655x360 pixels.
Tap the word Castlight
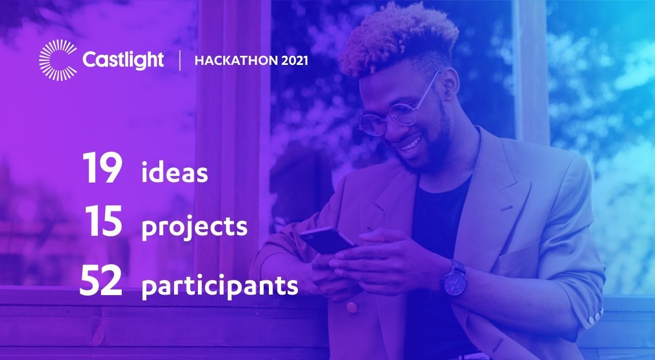pos(123,60)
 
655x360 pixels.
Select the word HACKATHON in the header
pos(236,60)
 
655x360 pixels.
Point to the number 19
pos(102,168)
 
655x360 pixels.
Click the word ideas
pos(175,172)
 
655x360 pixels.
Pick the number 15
pos(104,221)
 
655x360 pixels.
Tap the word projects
pos(194,227)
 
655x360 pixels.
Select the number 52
pos(101,281)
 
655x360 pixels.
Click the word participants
pos(220,285)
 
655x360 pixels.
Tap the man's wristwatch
pos(454,280)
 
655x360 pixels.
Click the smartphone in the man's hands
pos(328,240)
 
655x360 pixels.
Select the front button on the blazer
pos(352,307)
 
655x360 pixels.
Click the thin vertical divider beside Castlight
pos(180,60)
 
